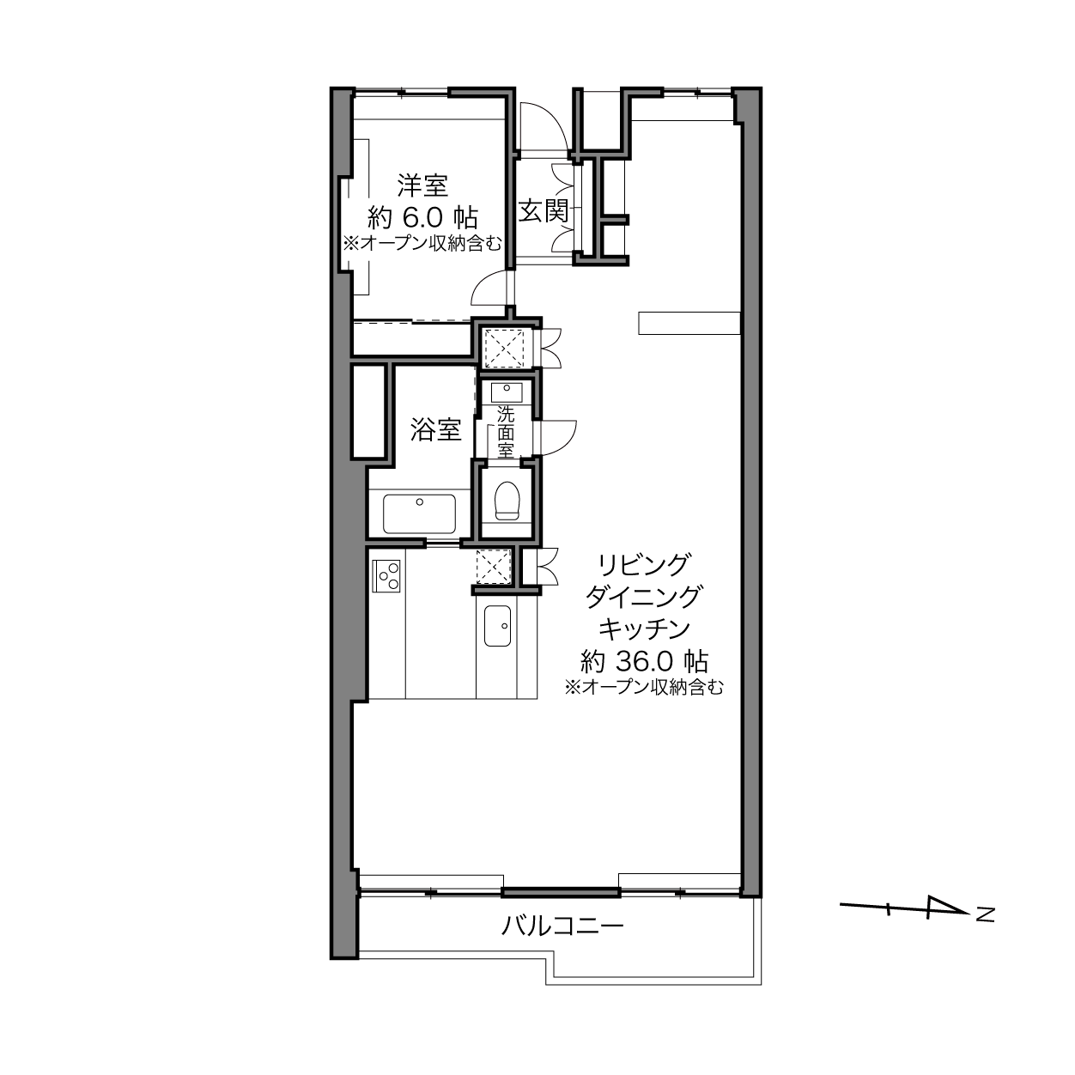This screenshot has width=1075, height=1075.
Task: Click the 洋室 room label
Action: tap(422, 185)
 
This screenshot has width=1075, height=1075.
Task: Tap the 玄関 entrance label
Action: tap(544, 211)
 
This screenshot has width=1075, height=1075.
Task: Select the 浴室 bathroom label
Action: tap(435, 429)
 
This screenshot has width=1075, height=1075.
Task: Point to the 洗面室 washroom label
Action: tap(506, 432)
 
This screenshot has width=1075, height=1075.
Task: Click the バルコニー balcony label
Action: tap(562, 926)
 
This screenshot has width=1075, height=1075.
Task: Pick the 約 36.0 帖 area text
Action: tap(644, 662)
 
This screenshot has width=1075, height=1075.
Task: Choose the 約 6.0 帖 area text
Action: tap(422, 217)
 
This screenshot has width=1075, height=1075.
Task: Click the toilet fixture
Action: tap(507, 500)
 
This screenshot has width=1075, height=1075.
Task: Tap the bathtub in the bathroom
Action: tap(419, 513)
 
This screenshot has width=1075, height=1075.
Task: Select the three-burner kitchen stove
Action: tap(386, 576)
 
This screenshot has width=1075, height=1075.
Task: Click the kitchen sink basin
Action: tap(497, 626)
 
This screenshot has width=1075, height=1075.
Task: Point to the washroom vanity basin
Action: tap(507, 392)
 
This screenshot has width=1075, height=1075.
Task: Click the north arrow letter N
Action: tap(985, 915)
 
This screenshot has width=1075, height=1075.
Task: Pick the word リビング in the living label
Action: tap(644, 565)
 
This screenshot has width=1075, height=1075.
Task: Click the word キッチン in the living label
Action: tap(644, 629)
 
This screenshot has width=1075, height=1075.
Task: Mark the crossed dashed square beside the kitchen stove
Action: tap(493, 566)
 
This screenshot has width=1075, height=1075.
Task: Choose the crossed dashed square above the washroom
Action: tap(504, 348)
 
